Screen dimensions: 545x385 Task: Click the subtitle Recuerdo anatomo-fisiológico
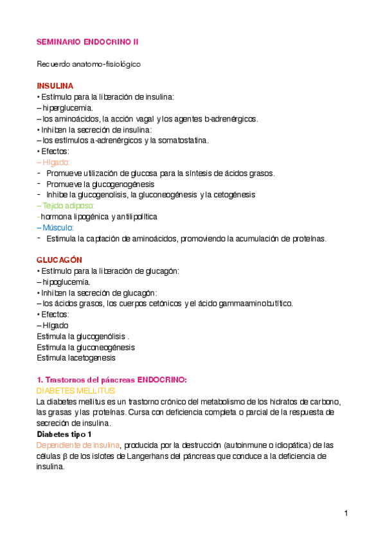(x=89, y=64)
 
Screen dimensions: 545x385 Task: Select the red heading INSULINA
(x=55, y=85)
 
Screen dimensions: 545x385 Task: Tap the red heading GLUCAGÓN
(x=60, y=260)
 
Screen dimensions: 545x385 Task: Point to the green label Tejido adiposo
(x=67, y=206)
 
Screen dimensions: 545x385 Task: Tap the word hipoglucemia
(x=66, y=281)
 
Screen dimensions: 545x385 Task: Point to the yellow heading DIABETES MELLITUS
(x=76, y=391)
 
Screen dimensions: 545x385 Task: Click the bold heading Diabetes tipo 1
(x=63, y=434)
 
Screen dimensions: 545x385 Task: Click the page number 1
(x=346, y=513)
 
